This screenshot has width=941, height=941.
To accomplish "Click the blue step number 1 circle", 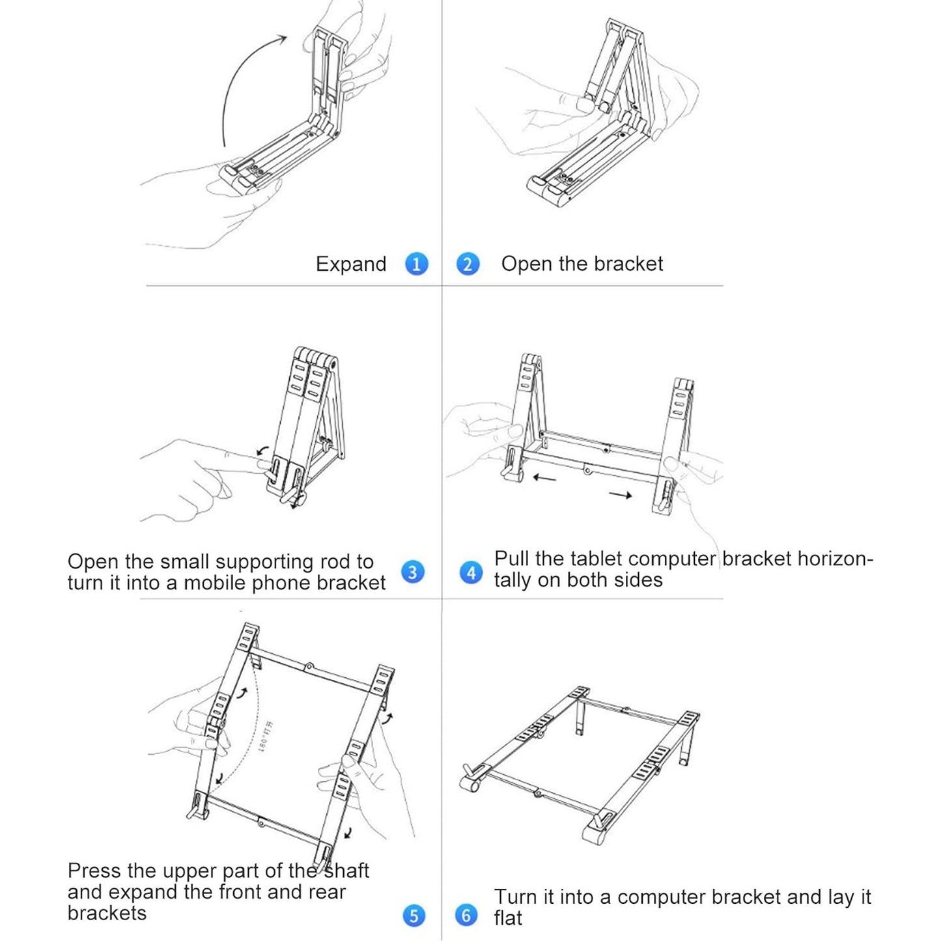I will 416,264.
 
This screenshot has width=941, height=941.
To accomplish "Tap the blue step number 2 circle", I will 468,264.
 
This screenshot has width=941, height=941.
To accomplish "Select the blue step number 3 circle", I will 412,572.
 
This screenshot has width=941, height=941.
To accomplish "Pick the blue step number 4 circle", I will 471,572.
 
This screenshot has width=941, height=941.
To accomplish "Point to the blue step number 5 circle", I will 414,916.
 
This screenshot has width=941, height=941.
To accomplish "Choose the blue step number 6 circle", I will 466,915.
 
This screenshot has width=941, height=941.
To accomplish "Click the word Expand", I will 351,264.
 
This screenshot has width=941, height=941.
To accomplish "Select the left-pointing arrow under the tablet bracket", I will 544,479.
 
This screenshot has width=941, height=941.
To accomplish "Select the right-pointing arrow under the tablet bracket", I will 621,496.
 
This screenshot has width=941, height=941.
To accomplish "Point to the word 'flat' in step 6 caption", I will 508,918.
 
